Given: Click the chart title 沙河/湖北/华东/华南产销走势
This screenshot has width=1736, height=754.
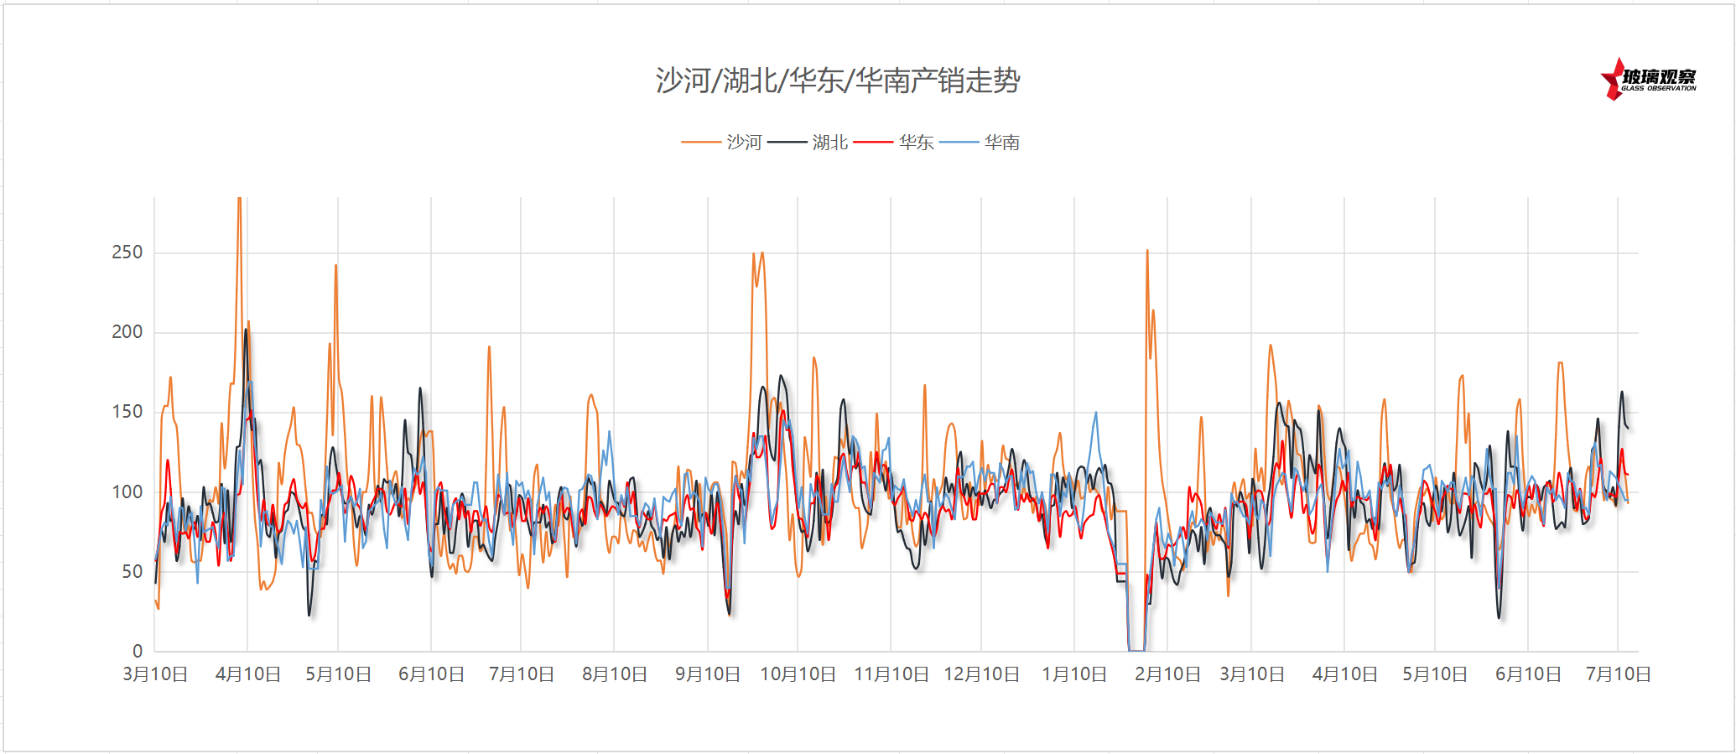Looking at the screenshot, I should coord(838,81).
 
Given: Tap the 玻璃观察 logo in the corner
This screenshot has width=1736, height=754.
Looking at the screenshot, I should coord(1650,79).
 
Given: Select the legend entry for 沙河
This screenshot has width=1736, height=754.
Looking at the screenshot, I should coord(744,143).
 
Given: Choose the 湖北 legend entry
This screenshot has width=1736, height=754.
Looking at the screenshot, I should coord(829,143).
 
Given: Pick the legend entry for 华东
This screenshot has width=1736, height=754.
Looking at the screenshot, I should coord(916,143).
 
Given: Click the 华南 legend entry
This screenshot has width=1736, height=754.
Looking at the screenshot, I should coord(1001,143).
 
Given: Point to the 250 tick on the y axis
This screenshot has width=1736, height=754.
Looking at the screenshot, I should coord(127,252).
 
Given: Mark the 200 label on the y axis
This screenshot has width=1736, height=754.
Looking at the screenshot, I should coord(127,332).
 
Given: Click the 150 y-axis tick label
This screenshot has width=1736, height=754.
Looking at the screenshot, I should coord(127,412).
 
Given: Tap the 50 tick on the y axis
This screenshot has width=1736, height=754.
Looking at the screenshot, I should coord(133,572).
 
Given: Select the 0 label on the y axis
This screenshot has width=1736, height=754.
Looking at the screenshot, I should coord(138,652).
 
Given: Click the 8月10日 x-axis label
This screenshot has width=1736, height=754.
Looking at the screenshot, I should coord(615,674).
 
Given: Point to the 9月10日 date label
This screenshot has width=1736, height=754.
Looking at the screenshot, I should coord(708,674).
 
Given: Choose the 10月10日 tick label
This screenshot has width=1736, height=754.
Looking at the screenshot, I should coord(798,674).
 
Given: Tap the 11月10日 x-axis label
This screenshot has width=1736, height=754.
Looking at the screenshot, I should coord(891,674).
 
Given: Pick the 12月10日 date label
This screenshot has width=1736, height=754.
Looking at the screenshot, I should coord(981,674).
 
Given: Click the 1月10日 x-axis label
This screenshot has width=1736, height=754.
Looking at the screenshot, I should coord(1074,674).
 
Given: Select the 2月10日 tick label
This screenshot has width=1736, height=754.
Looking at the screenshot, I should coord(1167,674).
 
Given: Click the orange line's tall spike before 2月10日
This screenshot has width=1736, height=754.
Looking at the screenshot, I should coord(1147,252).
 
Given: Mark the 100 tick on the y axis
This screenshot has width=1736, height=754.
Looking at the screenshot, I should coord(127,492).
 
